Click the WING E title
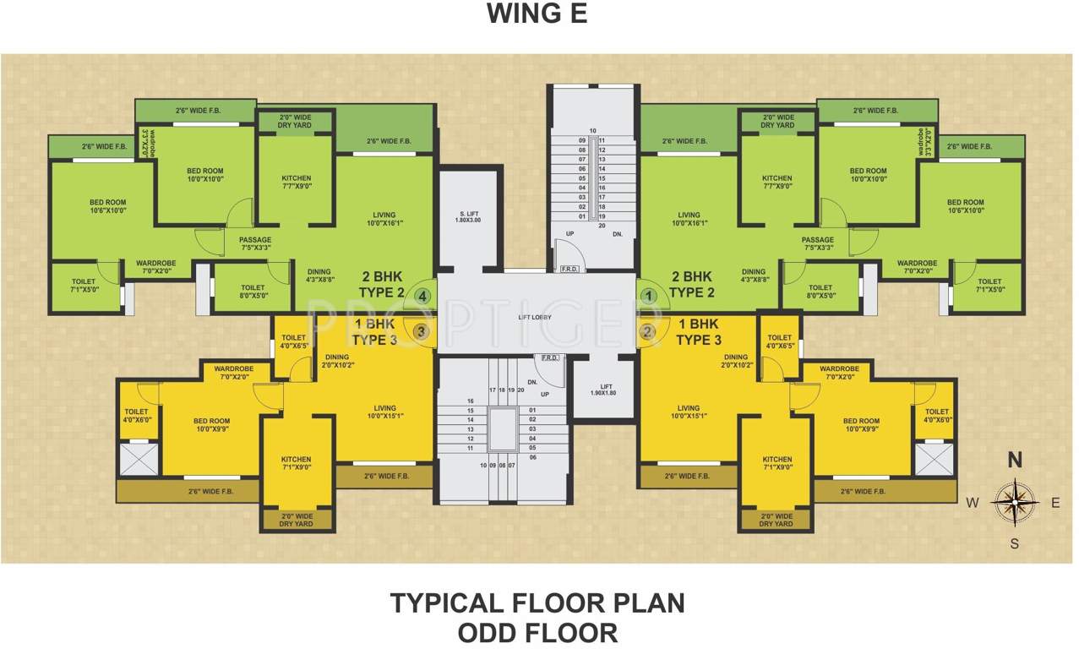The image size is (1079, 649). pyautogui.click(x=537, y=14)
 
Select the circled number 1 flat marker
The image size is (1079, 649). pyautogui.click(x=648, y=296)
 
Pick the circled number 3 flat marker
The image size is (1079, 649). pyautogui.click(x=420, y=331)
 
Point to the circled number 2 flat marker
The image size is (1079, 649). pyautogui.click(x=648, y=331)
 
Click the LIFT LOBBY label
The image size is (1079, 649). pyautogui.click(x=536, y=317)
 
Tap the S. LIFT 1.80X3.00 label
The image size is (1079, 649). pyautogui.click(x=469, y=215)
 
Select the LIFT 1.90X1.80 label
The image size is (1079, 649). pyautogui.click(x=604, y=390)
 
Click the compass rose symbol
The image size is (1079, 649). pyautogui.click(x=1015, y=502)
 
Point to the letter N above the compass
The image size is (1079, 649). pyautogui.click(x=1015, y=461)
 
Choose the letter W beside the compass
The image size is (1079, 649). pyautogui.click(x=973, y=503)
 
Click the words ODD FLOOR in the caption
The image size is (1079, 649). pyautogui.click(x=537, y=632)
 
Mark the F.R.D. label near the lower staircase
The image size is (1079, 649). pyautogui.click(x=550, y=357)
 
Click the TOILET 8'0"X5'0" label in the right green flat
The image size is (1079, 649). pyautogui.click(x=820, y=292)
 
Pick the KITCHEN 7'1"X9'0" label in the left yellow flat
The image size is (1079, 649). pyautogui.click(x=296, y=463)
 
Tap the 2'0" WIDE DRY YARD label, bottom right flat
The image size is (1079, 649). pyautogui.click(x=776, y=520)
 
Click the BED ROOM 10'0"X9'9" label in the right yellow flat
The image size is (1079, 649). pyautogui.click(x=861, y=425)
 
